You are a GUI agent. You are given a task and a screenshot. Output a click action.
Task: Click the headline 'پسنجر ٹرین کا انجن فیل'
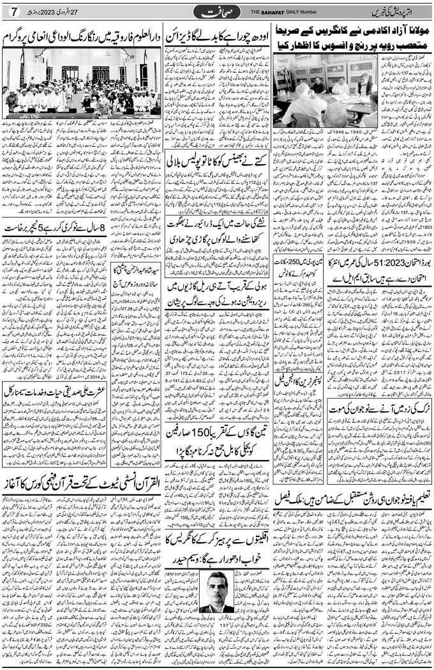[x=297, y=377]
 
